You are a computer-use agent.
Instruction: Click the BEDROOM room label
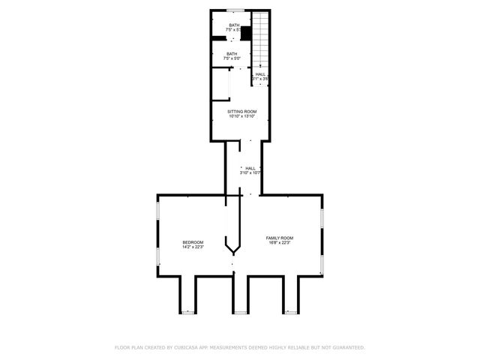193,242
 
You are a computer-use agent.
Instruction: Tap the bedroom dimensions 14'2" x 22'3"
193,247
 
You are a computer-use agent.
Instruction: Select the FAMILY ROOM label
280,238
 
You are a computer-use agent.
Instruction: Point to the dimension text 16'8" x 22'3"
280,242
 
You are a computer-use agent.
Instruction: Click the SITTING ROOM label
242,111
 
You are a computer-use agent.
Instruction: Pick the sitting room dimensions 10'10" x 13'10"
242,115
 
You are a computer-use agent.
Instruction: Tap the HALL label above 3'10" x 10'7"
250,168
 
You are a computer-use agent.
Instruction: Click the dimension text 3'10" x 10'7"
250,172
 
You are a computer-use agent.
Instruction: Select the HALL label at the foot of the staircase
260,74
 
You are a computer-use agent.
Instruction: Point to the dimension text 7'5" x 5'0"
232,58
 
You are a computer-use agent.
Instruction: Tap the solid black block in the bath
244,34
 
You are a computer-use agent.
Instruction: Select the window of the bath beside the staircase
235,10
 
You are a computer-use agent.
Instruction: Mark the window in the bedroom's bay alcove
187,310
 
